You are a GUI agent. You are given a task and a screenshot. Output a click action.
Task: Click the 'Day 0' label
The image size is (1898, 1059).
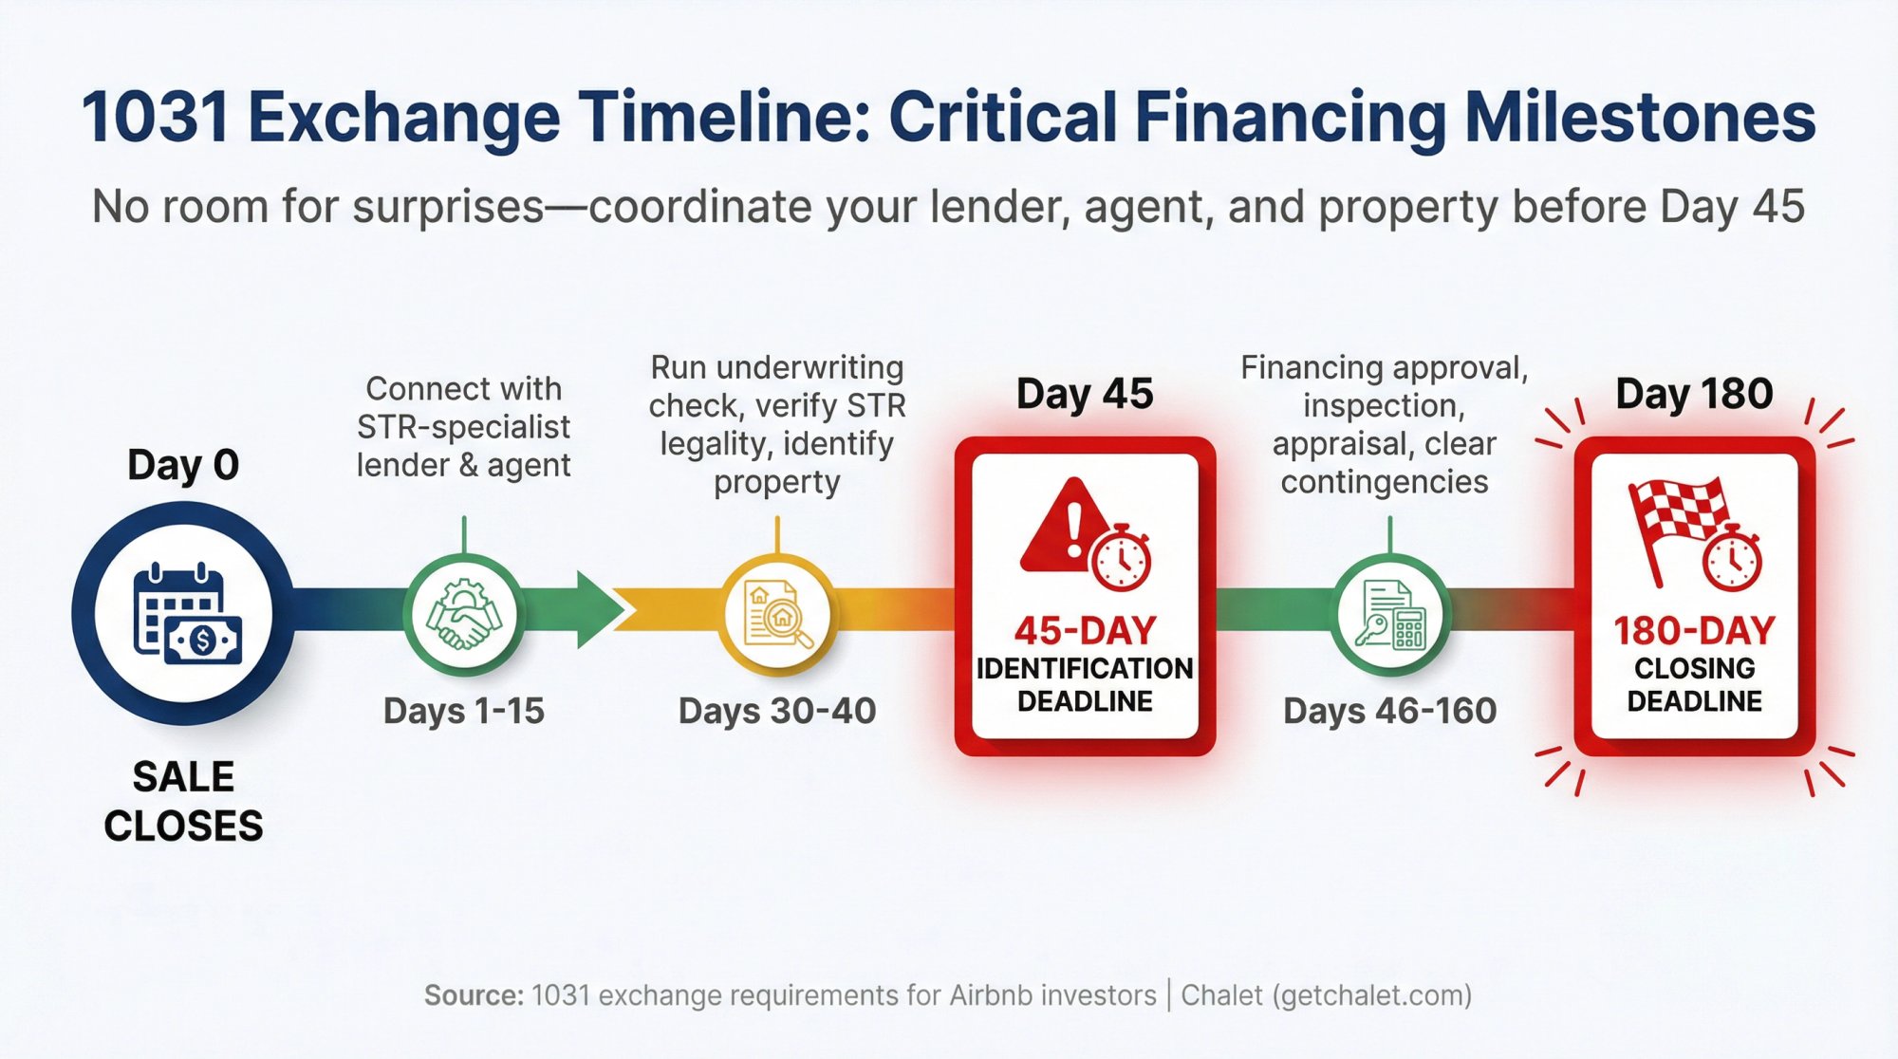click(x=183, y=465)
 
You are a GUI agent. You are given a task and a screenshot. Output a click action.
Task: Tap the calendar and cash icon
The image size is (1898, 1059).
click(x=184, y=615)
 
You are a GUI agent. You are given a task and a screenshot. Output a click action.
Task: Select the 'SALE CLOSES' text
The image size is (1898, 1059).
click(x=183, y=802)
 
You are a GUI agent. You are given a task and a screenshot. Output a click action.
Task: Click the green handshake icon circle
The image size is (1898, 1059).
click(x=463, y=615)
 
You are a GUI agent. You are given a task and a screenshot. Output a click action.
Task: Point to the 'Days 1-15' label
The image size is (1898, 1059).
click(x=463, y=711)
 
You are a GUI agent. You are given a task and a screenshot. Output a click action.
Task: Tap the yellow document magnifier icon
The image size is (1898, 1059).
click(x=777, y=615)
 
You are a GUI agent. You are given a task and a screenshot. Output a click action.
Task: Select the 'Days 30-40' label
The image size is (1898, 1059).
click(x=776, y=711)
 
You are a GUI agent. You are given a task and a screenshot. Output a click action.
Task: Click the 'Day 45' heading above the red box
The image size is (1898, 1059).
click(x=1084, y=393)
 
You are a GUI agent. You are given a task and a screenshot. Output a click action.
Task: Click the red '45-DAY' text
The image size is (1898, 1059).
click(x=1085, y=631)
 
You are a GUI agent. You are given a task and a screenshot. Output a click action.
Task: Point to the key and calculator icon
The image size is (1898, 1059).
click(x=1390, y=615)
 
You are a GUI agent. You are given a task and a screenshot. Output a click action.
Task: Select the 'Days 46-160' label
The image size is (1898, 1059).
click(x=1389, y=711)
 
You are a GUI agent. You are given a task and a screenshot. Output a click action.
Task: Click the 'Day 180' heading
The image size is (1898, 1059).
click(x=1694, y=393)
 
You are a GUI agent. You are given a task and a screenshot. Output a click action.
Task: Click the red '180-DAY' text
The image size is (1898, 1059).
click(x=1694, y=631)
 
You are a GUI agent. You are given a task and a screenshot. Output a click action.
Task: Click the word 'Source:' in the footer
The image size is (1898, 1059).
click(x=473, y=995)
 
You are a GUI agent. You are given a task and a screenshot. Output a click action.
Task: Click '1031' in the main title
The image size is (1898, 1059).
click(x=155, y=118)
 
